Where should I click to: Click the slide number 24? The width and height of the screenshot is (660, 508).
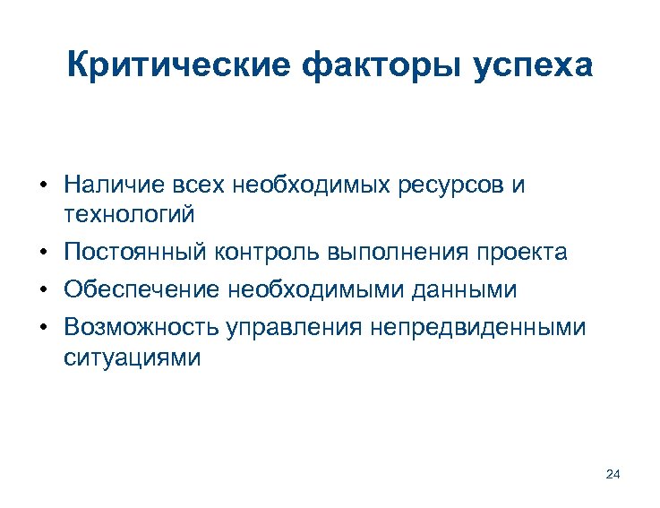[613, 474]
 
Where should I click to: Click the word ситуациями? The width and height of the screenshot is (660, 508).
[133, 357]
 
